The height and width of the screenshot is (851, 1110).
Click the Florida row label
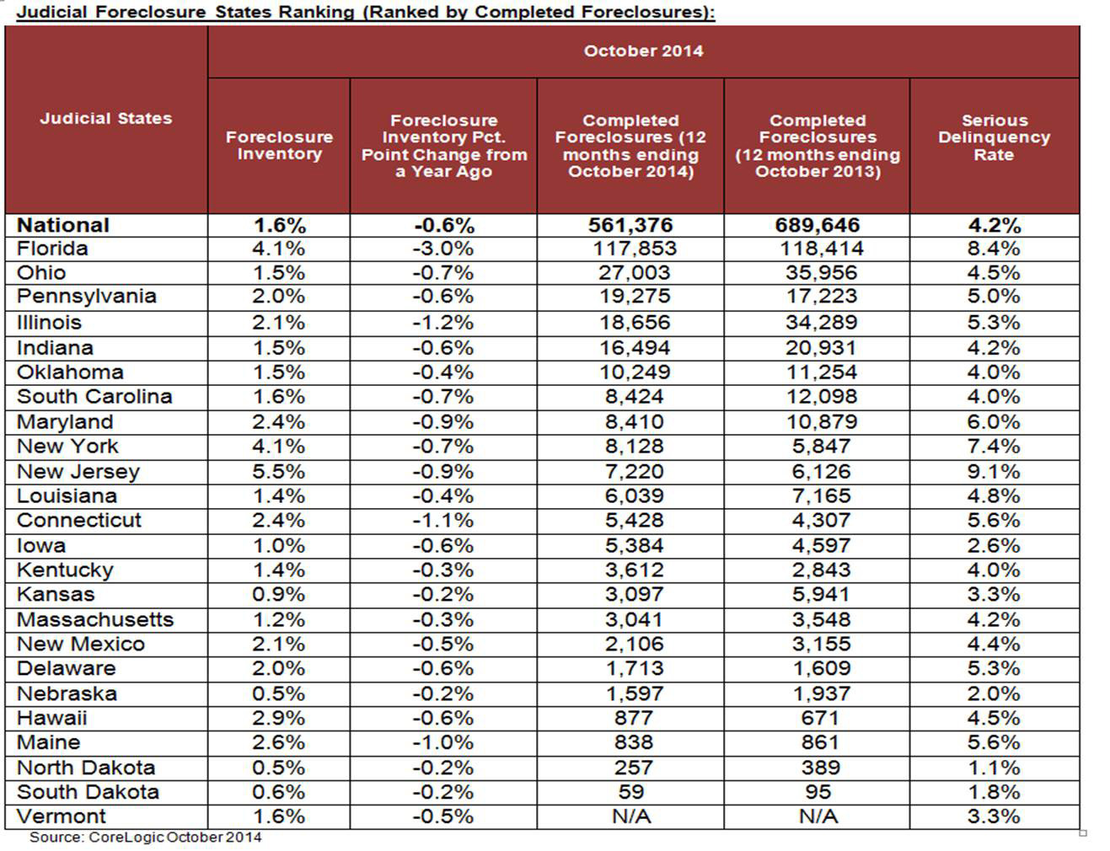pos(52,249)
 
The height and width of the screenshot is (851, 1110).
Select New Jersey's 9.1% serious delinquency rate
pos(994,471)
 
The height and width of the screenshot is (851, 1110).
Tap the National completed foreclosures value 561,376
pos(630,225)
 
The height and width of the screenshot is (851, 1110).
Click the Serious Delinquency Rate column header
pos(994,137)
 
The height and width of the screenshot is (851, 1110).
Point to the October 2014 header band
pos(643,51)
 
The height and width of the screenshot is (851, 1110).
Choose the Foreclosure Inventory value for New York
pos(279,447)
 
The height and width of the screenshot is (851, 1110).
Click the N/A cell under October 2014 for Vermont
pos(630,816)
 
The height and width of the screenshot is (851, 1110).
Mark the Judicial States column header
pos(106,119)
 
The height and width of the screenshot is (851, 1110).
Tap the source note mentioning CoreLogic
pos(145,838)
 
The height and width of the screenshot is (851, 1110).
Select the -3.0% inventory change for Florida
pos(443,249)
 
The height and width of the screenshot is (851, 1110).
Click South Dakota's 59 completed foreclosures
pos(630,792)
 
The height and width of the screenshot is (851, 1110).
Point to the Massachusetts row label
pos(95,620)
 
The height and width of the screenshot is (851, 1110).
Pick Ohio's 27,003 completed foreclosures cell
pos(630,273)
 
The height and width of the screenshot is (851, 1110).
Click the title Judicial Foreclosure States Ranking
pos(366,12)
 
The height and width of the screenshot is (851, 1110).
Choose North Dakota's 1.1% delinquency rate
pos(994,768)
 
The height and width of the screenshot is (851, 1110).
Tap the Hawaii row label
pos(52,719)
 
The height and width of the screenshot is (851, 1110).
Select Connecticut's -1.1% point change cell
pos(443,521)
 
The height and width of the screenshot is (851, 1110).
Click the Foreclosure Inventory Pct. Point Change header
pos(443,146)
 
